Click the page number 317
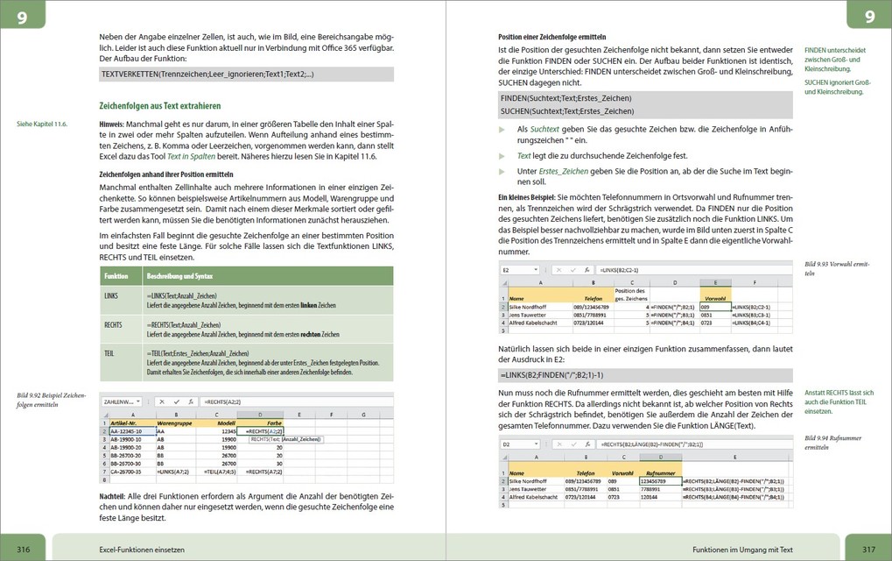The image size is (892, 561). click(x=868, y=548)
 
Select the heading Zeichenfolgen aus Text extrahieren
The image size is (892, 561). click(x=160, y=106)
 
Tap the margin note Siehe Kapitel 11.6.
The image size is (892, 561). click(x=42, y=124)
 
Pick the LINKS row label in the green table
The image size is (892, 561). click(x=110, y=296)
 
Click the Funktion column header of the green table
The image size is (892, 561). click(x=116, y=275)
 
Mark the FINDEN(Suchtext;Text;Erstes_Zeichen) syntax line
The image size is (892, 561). click(x=565, y=97)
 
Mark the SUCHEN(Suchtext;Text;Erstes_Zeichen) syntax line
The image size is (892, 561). click(x=566, y=111)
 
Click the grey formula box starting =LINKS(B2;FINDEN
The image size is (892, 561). click(x=646, y=375)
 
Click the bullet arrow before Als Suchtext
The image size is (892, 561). click(x=502, y=129)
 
